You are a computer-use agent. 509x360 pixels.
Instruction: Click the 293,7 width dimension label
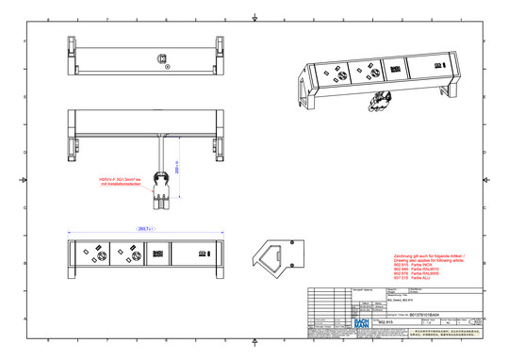[145, 228]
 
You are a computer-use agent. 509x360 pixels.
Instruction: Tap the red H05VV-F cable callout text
[121, 182]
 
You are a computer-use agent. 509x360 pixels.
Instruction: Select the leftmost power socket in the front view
[98, 253]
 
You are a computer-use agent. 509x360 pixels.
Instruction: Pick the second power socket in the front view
[129, 253]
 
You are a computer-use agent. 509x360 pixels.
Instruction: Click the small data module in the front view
[160, 253]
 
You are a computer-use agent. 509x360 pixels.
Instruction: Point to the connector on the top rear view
[163, 57]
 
